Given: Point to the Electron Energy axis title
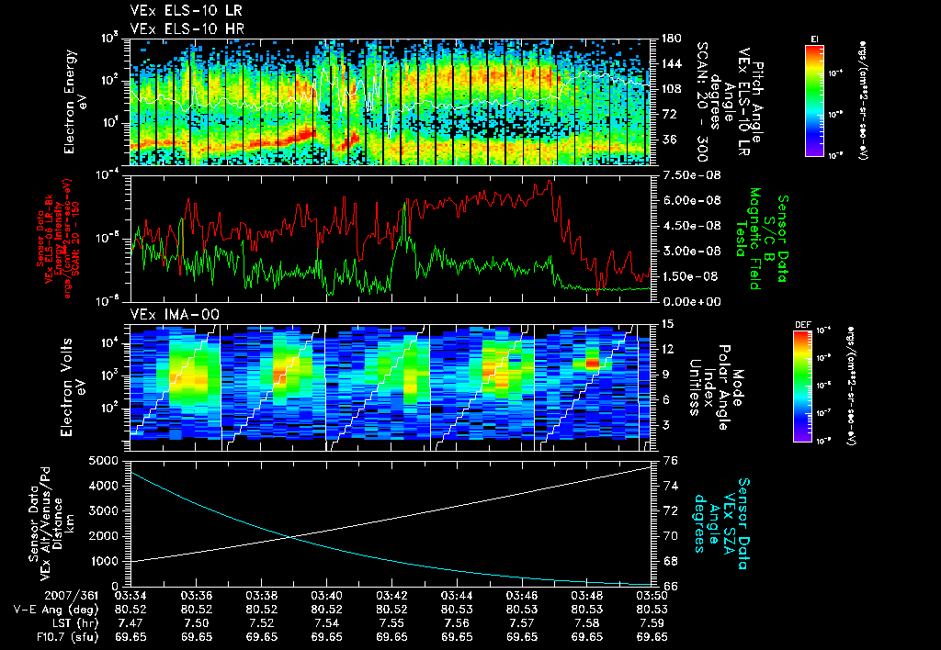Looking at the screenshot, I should (x=75, y=101).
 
